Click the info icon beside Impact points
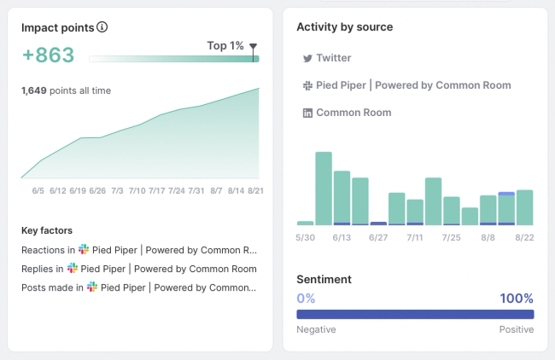[x=102, y=27]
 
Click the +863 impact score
[x=48, y=55]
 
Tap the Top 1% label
[x=225, y=45]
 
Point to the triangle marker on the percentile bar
[x=253, y=48]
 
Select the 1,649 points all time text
[x=66, y=90]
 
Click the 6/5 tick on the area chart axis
[x=38, y=190]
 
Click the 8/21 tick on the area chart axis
[x=255, y=190]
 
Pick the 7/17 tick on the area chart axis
[x=157, y=190]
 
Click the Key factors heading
[x=47, y=230]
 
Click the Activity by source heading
[x=345, y=27]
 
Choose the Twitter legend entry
[x=327, y=58]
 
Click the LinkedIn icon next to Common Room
[x=307, y=113]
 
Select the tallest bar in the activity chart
[x=324, y=189]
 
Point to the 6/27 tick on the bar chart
[x=377, y=238]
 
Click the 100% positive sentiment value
[x=517, y=299]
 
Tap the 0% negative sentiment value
[x=306, y=299]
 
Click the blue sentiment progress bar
[x=415, y=314]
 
